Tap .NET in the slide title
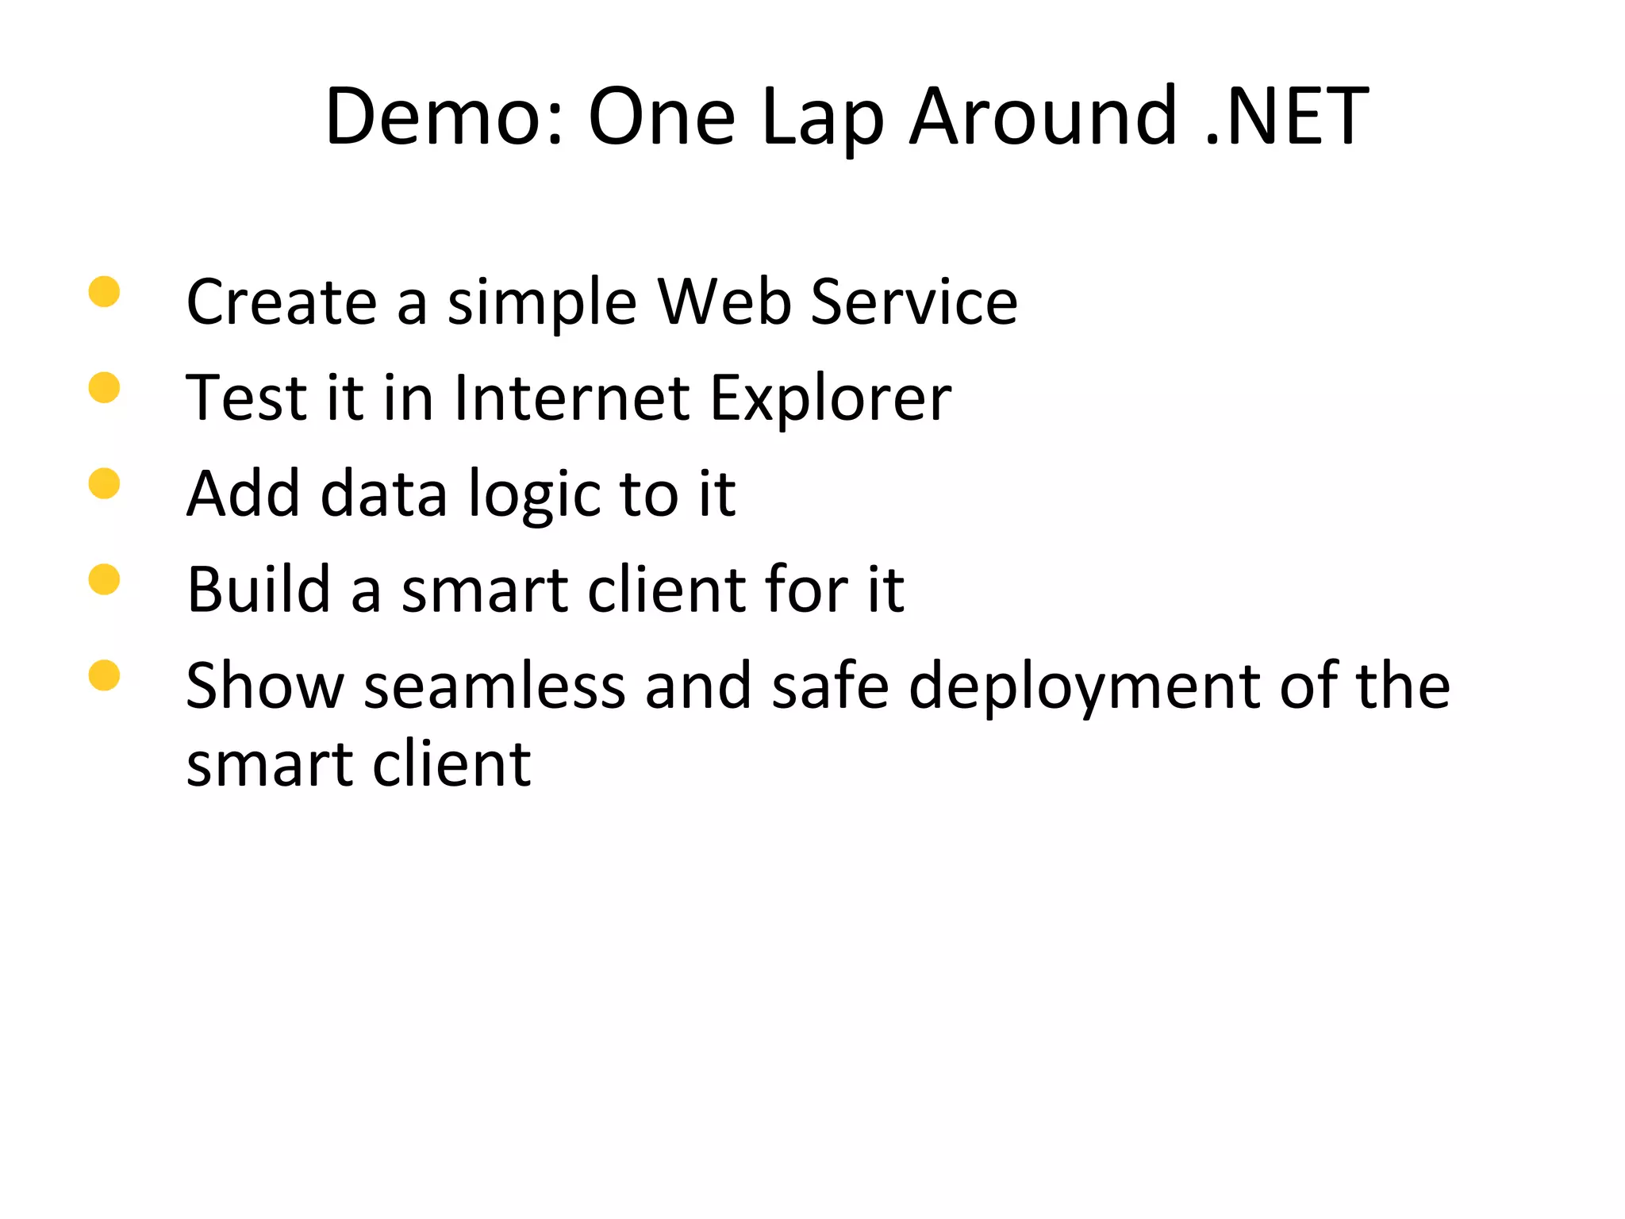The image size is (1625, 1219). pyautogui.click(x=1286, y=117)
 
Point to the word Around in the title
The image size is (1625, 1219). pyautogui.click(x=1043, y=117)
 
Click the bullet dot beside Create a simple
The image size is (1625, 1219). pyautogui.click(x=104, y=291)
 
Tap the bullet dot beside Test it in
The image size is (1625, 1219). pyautogui.click(x=104, y=388)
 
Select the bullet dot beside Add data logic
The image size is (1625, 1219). pyautogui.click(x=104, y=483)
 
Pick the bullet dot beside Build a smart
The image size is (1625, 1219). pyautogui.click(x=104, y=579)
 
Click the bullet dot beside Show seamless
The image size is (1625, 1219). pyautogui.click(x=104, y=675)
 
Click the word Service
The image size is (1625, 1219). pyautogui.click(x=914, y=302)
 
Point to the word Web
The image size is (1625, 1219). pyautogui.click(x=724, y=302)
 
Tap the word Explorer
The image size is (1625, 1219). pyautogui.click(x=830, y=399)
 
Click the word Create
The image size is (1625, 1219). pyautogui.click(x=282, y=302)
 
